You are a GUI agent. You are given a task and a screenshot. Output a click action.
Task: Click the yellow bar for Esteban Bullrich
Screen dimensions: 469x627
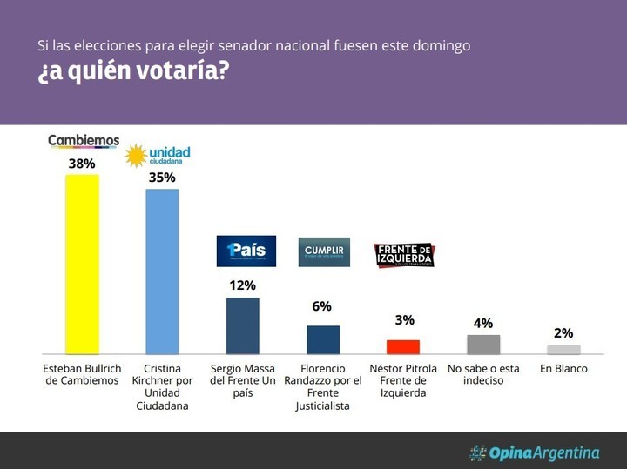(82, 264)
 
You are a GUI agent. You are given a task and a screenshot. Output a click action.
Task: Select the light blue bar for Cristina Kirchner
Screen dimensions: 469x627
(162, 271)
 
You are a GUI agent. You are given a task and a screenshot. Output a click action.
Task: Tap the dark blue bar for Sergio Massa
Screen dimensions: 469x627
(242, 325)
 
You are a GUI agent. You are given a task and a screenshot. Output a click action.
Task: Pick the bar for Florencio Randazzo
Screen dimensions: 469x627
(323, 339)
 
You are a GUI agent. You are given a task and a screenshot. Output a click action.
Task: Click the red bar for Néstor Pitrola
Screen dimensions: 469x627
(403, 346)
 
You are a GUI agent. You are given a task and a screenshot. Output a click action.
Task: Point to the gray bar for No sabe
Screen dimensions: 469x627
(484, 345)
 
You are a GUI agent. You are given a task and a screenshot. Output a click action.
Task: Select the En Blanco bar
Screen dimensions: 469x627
(563, 349)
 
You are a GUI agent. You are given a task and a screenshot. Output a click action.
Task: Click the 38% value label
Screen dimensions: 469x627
(82, 163)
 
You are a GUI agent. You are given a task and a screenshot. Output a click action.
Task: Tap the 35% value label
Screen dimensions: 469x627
(162, 178)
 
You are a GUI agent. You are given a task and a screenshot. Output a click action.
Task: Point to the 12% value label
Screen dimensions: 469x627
(242, 285)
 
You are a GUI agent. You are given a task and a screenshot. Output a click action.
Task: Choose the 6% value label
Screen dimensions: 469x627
(323, 306)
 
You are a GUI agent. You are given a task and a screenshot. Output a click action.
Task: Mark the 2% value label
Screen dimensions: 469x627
(563, 332)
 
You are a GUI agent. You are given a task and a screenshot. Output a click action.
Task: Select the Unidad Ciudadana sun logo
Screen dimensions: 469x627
(137, 156)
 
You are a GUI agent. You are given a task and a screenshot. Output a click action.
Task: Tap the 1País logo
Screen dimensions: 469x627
(246, 251)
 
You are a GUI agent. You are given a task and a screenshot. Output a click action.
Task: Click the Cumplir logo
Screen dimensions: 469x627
(324, 251)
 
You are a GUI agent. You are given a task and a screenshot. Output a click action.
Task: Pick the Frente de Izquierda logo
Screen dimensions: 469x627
(404, 254)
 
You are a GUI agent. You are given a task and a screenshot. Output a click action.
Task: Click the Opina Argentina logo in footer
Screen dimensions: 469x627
(534, 452)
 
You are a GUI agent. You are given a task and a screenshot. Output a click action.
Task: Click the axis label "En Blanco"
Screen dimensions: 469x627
(563, 369)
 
